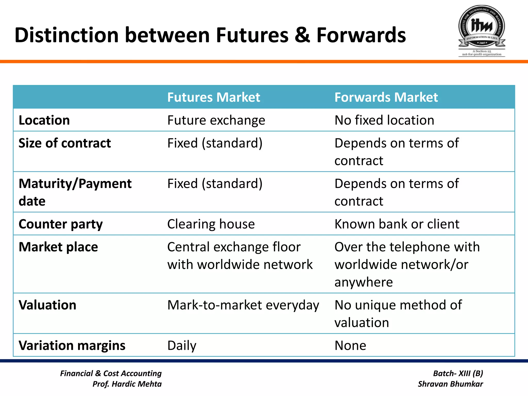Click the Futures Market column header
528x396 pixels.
(x=213, y=97)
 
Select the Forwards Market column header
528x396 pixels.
(x=386, y=97)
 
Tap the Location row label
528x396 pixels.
(x=44, y=120)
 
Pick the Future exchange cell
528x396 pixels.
(x=216, y=120)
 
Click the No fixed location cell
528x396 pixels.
(x=384, y=120)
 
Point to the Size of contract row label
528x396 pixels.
(x=64, y=143)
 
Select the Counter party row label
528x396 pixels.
(x=61, y=224)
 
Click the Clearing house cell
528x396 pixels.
(x=211, y=224)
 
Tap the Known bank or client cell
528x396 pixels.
(x=397, y=224)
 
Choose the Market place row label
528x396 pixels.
(x=58, y=247)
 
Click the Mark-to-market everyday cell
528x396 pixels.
(x=243, y=305)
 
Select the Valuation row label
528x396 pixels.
(x=47, y=305)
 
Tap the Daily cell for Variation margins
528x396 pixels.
(x=182, y=346)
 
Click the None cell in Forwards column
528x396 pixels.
(x=350, y=346)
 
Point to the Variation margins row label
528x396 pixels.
(x=72, y=346)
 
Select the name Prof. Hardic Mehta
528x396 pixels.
(x=127, y=384)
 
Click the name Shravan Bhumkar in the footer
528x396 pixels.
(x=450, y=384)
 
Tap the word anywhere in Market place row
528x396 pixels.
(x=364, y=282)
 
